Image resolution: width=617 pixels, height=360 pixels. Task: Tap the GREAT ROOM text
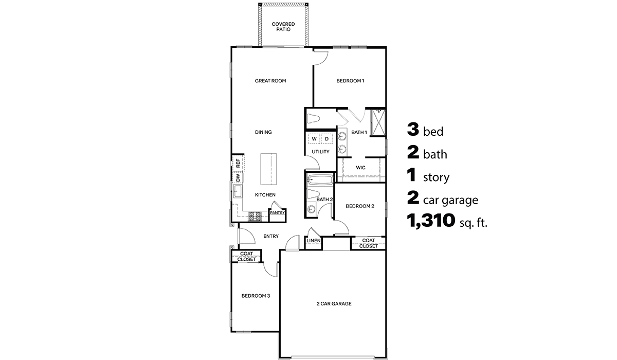[270, 81]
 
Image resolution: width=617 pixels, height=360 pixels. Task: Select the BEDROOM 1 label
[350, 81]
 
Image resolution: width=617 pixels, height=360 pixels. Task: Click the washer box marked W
[314, 139]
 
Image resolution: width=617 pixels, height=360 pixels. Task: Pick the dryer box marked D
[326, 139]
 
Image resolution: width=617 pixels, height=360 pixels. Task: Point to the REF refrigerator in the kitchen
[238, 164]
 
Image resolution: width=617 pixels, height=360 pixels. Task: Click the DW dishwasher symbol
[238, 177]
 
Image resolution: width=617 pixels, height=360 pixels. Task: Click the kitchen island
[268, 169]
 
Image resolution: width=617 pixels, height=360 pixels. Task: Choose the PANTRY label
[277, 213]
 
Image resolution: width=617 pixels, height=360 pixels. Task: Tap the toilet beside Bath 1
[314, 119]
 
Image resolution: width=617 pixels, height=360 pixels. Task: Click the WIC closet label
[361, 167]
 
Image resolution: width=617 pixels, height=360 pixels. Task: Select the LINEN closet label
[314, 241]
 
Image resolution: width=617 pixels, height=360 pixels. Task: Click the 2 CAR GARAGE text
[334, 304]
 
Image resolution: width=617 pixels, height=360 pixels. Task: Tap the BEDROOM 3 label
[256, 296]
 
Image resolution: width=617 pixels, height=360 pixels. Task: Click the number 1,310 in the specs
[431, 221]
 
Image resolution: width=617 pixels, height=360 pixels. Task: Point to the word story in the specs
[436, 178]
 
